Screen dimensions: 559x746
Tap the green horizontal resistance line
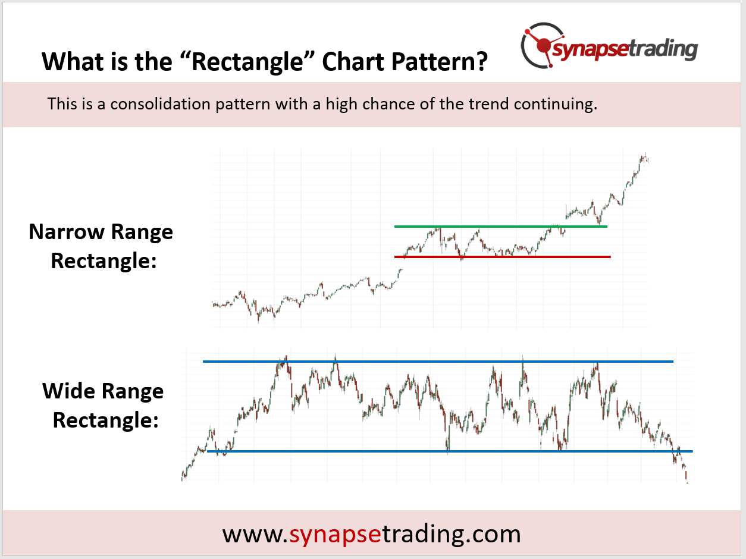pos(500,227)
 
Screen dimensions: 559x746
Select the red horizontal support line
pos(503,257)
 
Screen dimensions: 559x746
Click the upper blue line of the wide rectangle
pos(438,362)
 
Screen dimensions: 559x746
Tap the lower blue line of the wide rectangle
pos(449,451)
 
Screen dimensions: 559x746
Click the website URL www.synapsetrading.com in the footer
pos(372,534)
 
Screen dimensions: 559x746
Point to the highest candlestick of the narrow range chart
pos(644,158)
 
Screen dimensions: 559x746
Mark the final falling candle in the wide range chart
pos(687,476)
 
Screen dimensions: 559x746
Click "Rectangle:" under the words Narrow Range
pos(104,260)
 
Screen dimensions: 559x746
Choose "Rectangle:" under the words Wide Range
pos(105,420)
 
